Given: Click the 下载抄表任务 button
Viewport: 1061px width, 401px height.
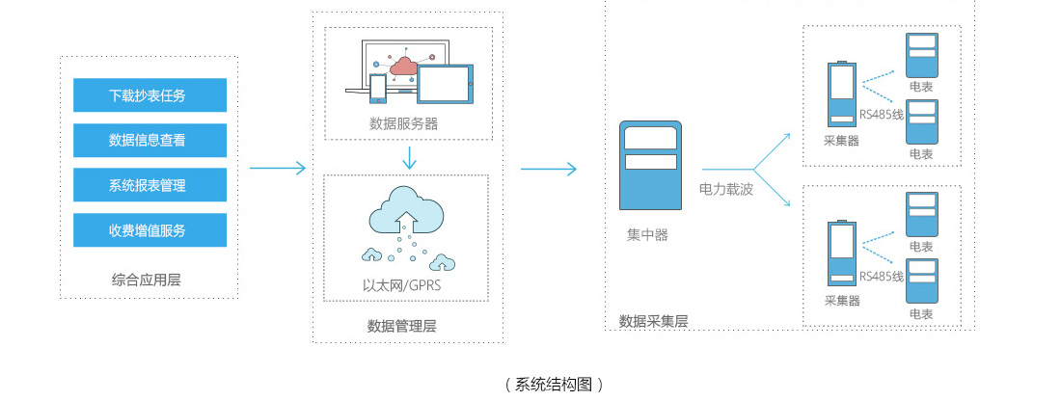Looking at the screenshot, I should (150, 95).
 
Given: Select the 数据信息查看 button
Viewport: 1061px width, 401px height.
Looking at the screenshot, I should (150, 140).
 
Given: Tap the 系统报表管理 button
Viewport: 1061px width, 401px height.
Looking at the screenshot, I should (150, 185).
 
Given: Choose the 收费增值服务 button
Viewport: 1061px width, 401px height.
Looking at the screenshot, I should (150, 230).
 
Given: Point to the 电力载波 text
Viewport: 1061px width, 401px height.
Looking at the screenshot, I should (725, 190).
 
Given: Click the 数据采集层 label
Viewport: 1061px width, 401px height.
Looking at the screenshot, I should (653, 321).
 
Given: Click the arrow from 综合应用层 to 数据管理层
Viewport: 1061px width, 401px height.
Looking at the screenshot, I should (278, 169).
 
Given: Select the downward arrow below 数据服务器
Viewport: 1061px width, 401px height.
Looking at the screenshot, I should (410, 157).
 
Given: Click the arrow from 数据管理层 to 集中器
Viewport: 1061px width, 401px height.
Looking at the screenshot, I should (548, 169).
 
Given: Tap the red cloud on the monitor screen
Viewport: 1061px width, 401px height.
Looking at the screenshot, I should (403, 66).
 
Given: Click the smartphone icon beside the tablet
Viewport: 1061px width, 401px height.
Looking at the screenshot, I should (378, 88).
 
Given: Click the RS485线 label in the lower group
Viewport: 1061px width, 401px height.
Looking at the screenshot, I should (881, 277).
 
